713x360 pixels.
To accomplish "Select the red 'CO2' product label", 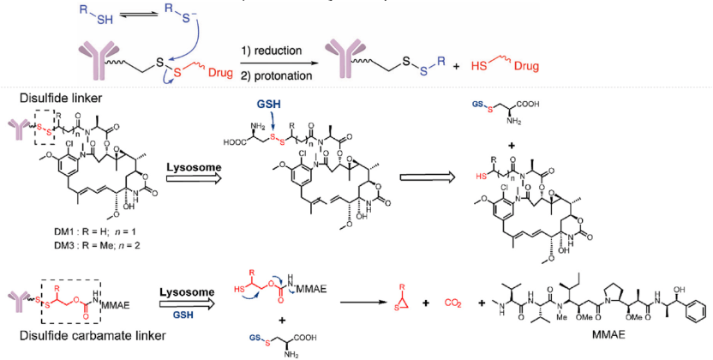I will click(454, 302).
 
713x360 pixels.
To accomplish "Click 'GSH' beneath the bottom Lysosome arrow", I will click(183, 313).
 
